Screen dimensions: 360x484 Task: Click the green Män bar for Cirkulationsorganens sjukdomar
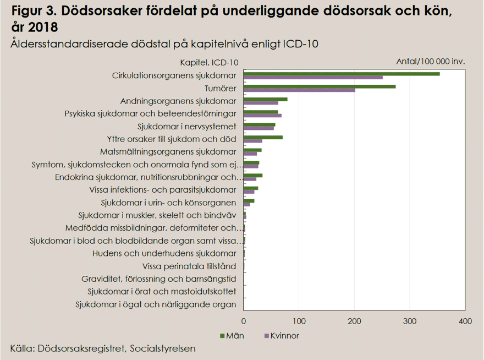point(341,74)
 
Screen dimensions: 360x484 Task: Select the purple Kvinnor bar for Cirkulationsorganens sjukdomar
point(313,78)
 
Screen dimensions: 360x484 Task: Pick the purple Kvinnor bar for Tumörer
point(299,90)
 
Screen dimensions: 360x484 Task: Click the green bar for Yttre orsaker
point(263,137)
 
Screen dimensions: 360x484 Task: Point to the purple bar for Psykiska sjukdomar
point(262,116)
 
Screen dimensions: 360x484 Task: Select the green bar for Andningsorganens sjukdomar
point(265,99)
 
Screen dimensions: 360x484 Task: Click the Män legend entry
point(233,335)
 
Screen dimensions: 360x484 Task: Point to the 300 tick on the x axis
point(410,320)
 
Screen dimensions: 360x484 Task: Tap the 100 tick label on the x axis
point(299,320)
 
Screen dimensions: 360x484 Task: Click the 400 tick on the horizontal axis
point(465,320)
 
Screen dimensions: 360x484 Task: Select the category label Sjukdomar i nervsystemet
point(187,126)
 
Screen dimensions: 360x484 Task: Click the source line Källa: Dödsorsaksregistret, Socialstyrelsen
point(103,348)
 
